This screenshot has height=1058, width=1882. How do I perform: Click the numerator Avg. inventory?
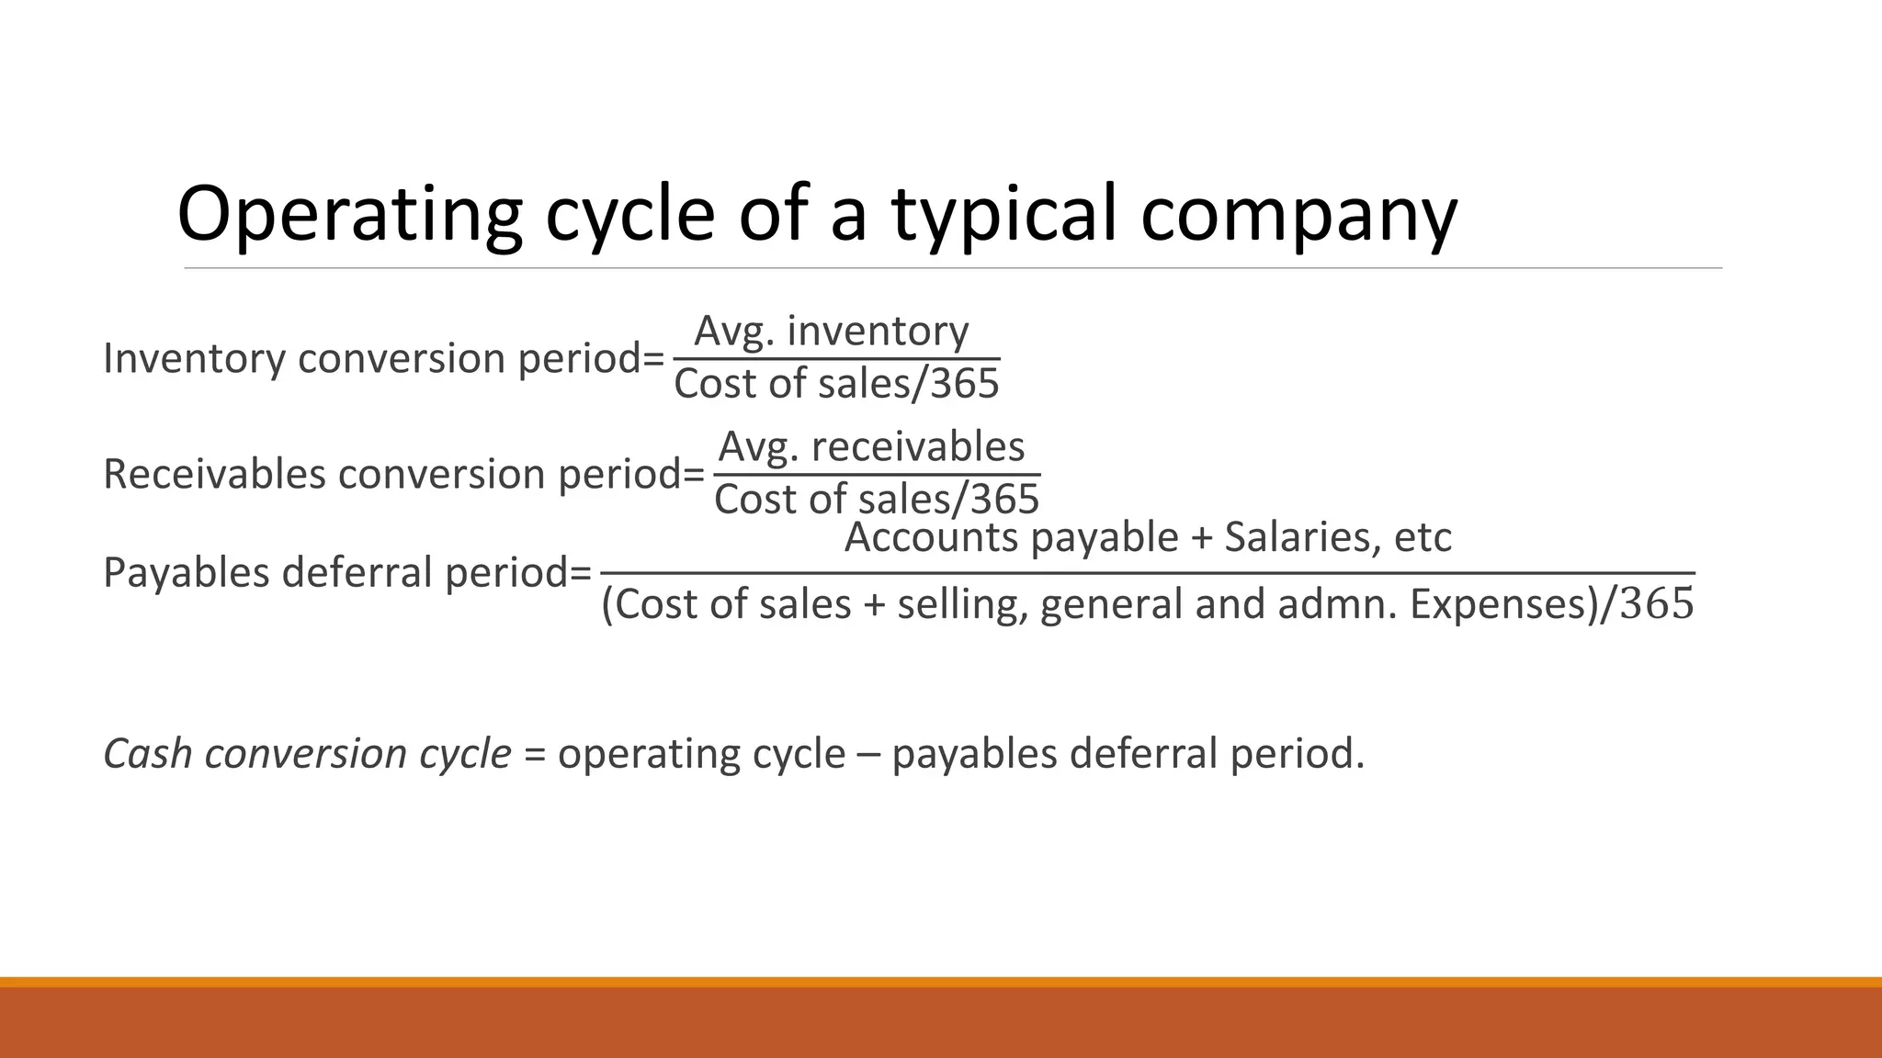831,331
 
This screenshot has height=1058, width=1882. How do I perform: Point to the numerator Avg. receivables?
871,447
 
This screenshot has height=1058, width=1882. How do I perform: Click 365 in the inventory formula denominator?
964,384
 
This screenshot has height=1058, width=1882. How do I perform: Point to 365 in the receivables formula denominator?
1004,500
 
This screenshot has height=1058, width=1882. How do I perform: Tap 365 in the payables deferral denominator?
1657,604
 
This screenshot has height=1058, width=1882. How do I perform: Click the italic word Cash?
147,753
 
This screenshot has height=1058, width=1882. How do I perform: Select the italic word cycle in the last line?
465,753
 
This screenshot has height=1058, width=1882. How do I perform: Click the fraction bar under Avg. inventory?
836,358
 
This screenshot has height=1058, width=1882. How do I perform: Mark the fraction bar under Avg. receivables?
877,475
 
